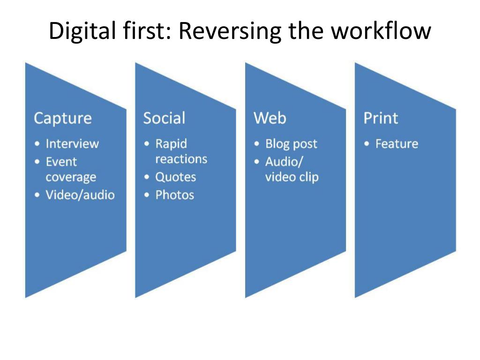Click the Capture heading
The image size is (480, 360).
point(62,118)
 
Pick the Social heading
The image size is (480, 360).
point(164,118)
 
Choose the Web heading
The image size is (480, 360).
point(270,118)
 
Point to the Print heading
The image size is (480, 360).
point(381,118)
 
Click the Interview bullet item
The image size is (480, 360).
point(72,143)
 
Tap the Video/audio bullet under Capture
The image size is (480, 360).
point(80,195)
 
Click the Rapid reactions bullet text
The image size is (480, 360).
point(181,151)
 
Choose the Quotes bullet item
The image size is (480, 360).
point(175,177)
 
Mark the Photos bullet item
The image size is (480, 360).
point(174,195)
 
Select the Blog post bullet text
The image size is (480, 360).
point(291,143)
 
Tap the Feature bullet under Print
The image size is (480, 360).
point(397,143)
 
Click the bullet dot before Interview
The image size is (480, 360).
point(37,144)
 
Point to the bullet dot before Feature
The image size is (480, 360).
point(367,144)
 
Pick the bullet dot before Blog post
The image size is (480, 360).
point(257,144)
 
